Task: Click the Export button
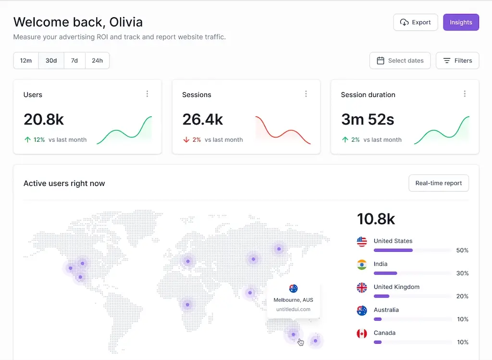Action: [x=416, y=22]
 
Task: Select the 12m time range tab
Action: [x=26, y=61]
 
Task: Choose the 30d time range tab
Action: [x=51, y=61]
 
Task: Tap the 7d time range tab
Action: [x=74, y=61]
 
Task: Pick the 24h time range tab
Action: [x=97, y=61]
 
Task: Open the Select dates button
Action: [x=400, y=61]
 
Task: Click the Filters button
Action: [x=457, y=61]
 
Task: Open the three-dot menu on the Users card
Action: [x=148, y=94]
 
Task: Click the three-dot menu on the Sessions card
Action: [x=306, y=94]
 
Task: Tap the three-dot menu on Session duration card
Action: [x=465, y=94]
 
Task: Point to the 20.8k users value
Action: [x=44, y=119]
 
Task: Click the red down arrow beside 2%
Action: [x=186, y=140]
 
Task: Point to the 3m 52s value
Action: [x=368, y=119]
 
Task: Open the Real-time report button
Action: [x=439, y=183]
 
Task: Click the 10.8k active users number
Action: [x=376, y=219]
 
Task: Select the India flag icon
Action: [x=362, y=264]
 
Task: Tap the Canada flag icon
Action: [x=362, y=333]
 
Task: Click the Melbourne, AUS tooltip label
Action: [x=293, y=300]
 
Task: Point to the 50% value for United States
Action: [x=462, y=250]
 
